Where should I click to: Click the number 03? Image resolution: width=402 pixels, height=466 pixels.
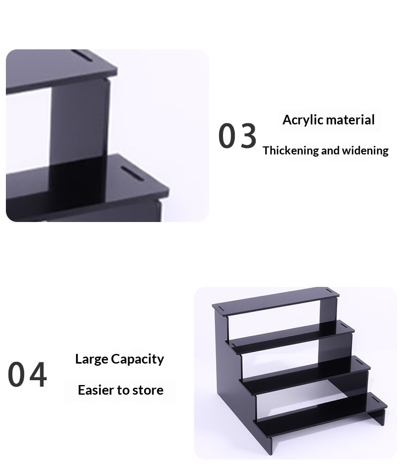(x=237, y=136)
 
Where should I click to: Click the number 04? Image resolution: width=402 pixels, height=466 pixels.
(x=27, y=374)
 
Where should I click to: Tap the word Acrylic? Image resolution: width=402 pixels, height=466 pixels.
(x=303, y=120)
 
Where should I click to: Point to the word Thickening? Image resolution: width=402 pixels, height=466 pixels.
(x=291, y=151)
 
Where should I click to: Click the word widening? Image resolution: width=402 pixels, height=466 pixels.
(x=365, y=151)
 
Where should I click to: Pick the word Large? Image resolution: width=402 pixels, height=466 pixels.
(x=92, y=359)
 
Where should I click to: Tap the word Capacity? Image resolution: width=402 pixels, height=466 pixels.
(x=137, y=359)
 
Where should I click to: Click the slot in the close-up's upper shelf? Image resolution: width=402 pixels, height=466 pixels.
(x=83, y=56)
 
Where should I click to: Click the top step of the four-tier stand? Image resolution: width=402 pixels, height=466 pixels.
(x=276, y=302)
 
